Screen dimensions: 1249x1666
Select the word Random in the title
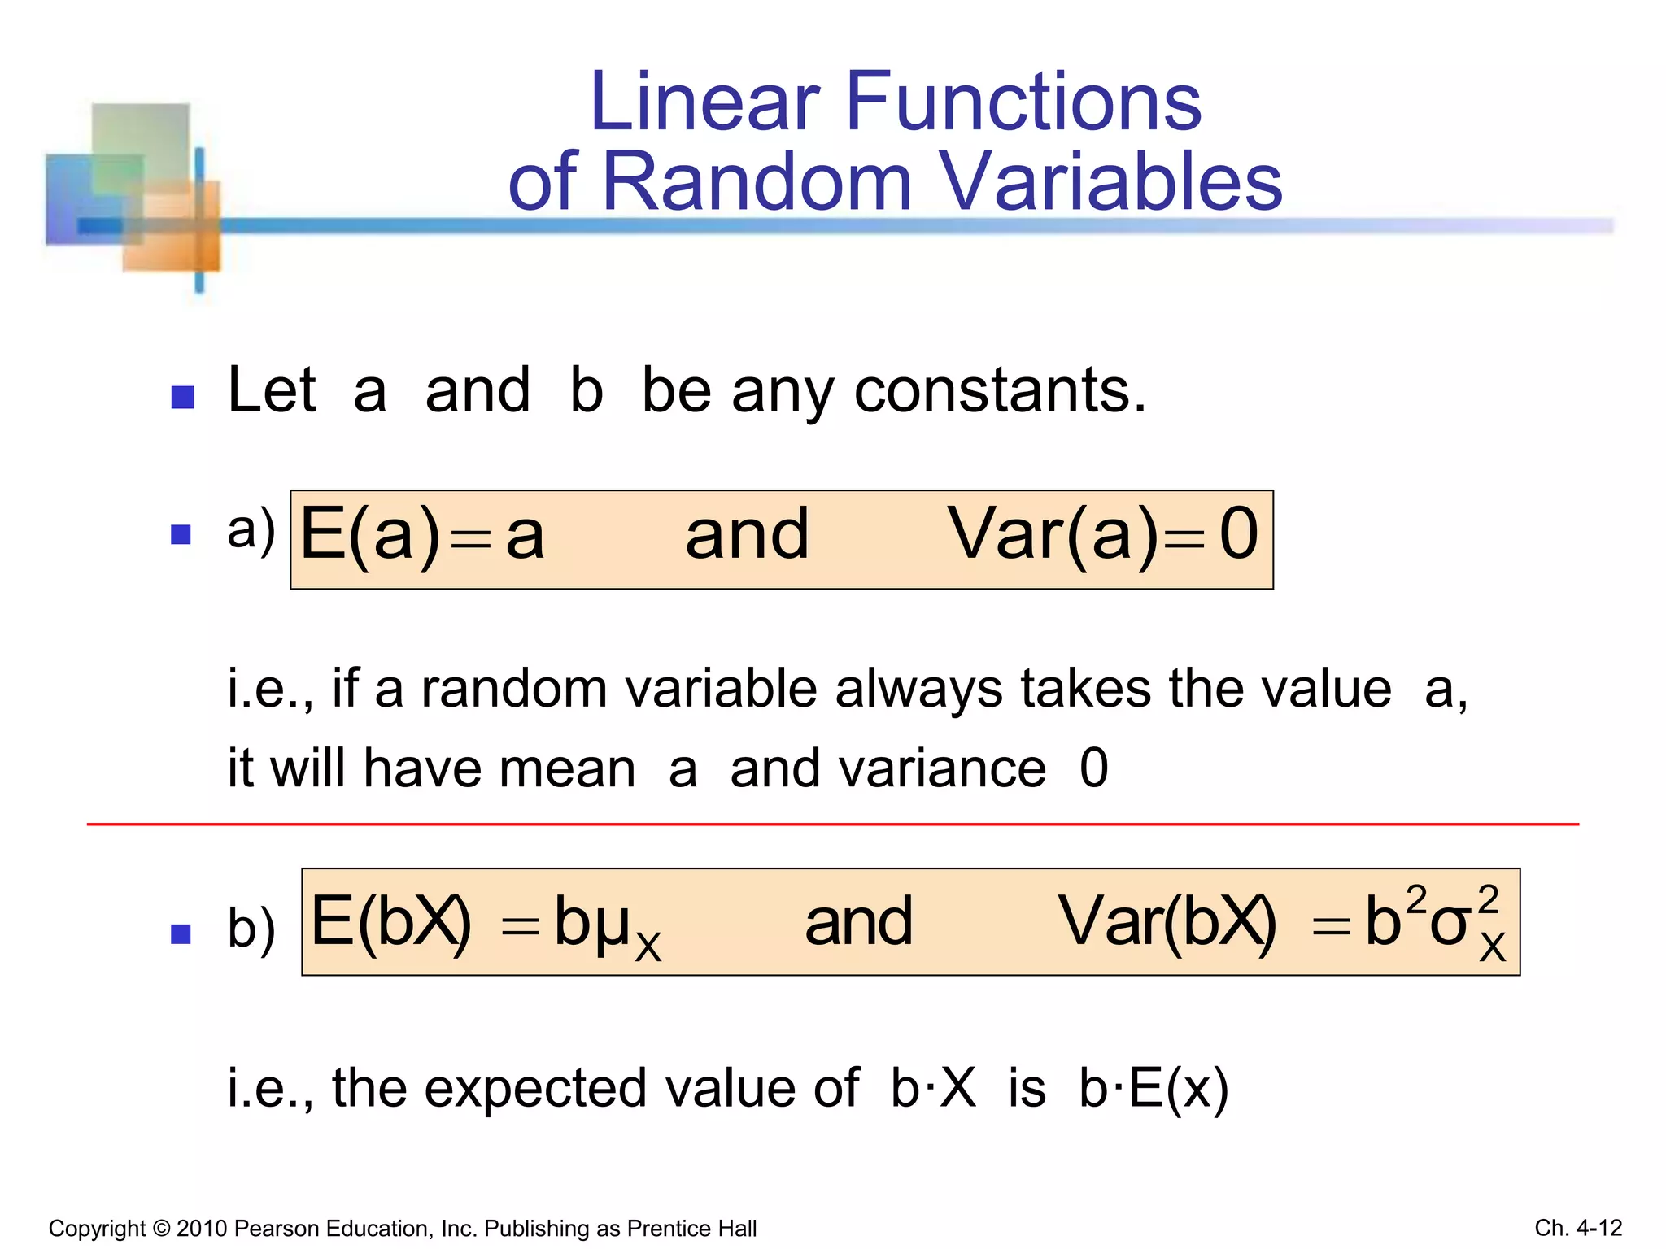coord(757,181)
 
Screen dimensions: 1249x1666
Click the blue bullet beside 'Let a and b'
coord(183,397)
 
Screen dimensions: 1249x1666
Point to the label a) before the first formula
coord(251,530)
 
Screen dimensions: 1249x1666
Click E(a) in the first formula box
coord(370,535)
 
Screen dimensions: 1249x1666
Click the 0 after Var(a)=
coord(1239,533)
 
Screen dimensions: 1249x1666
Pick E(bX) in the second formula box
coord(391,922)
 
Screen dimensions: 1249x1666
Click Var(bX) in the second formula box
coord(1167,922)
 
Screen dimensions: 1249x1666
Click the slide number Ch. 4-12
coord(1578,1228)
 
